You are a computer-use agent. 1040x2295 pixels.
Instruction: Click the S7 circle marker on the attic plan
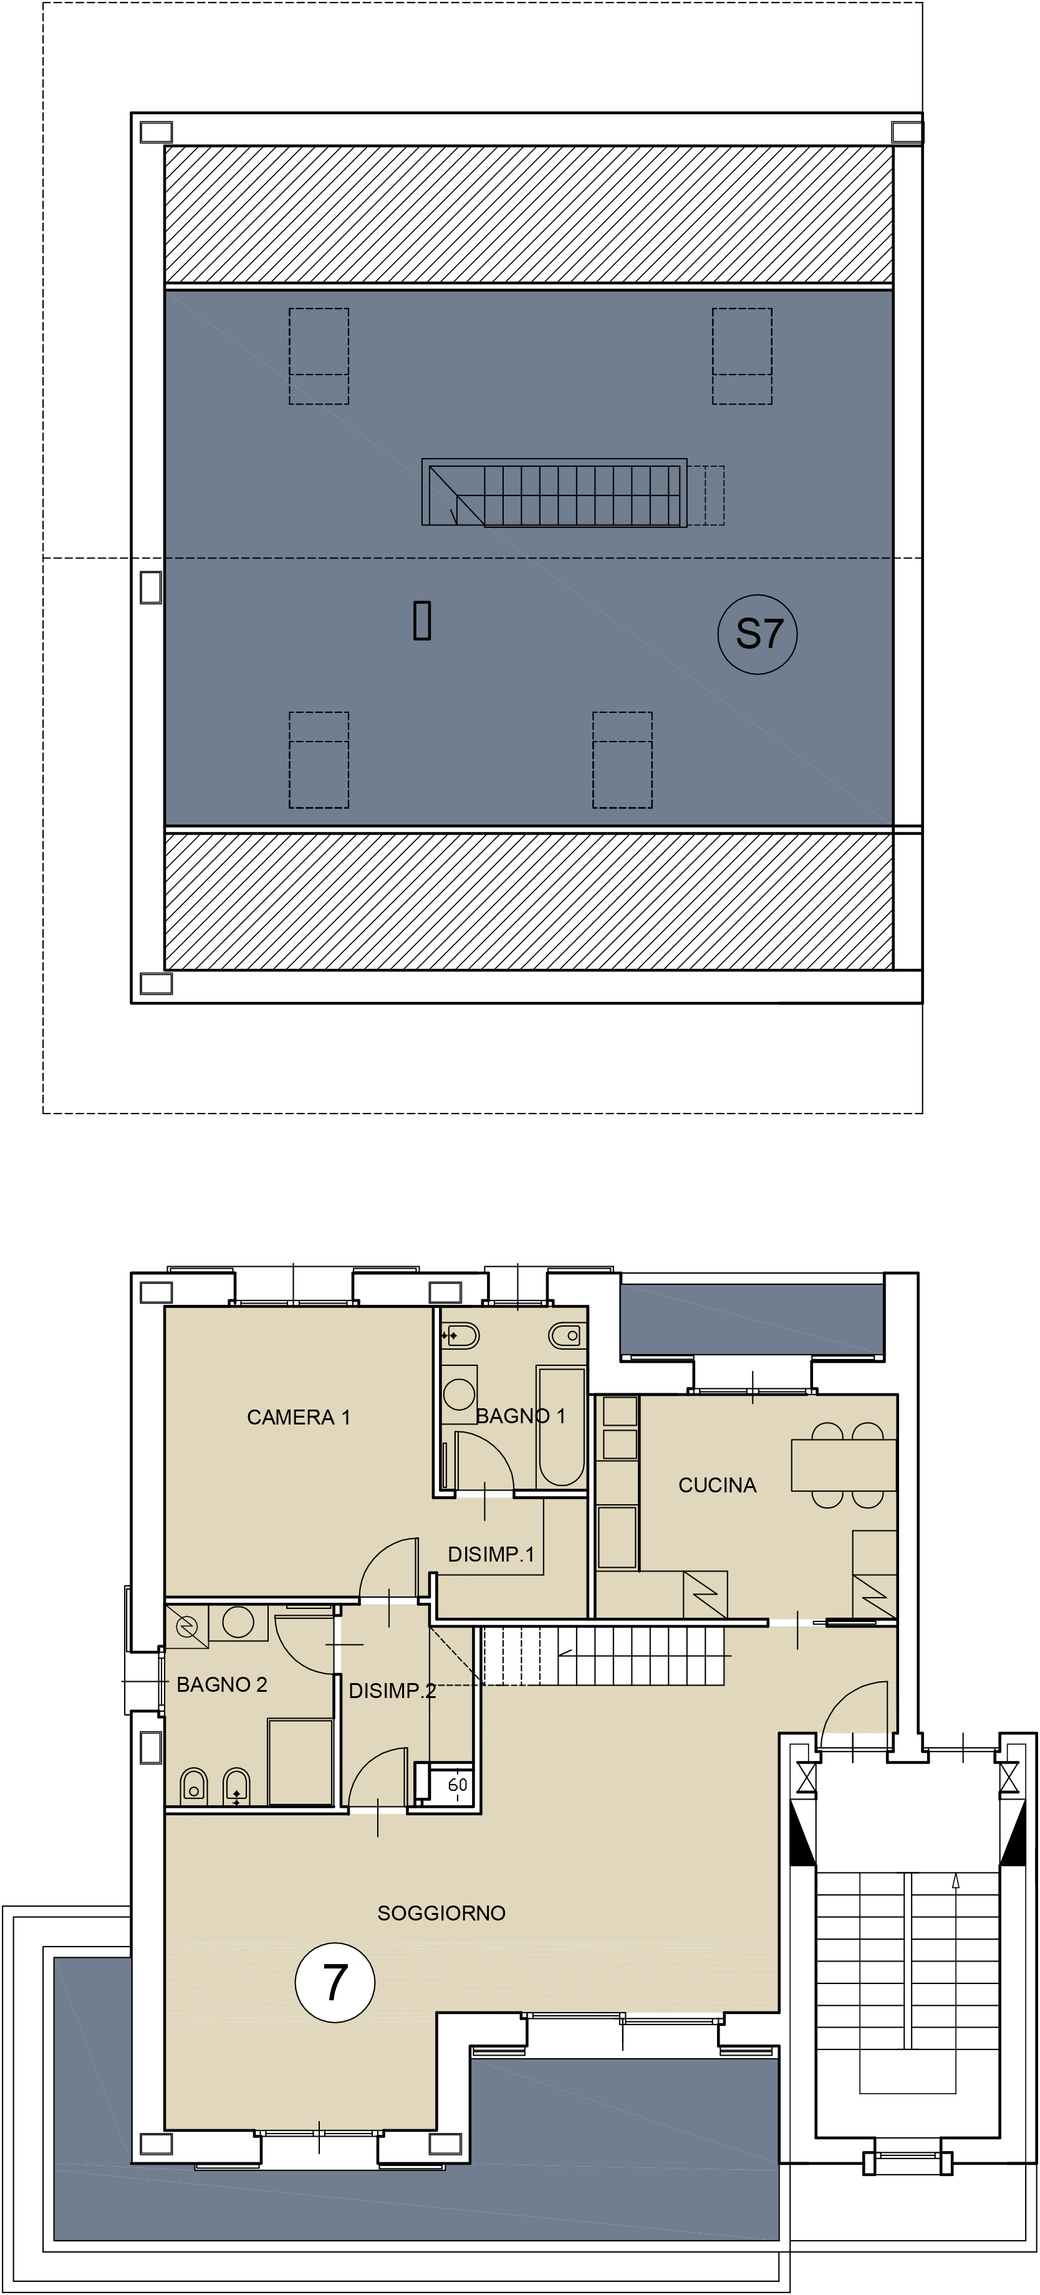click(x=758, y=634)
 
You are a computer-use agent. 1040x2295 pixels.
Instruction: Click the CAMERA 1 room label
click(x=299, y=1416)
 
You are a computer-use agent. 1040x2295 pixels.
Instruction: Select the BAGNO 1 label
click(x=521, y=1416)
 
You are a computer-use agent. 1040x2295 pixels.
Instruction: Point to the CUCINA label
click(x=718, y=1485)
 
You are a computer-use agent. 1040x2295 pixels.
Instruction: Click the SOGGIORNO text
click(x=441, y=1913)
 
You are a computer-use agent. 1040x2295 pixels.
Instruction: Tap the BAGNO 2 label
click(x=222, y=1685)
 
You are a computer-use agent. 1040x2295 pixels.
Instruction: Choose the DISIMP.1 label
click(x=491, y=1555)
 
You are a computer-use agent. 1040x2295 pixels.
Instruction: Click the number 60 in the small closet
click(x=457, y=1785)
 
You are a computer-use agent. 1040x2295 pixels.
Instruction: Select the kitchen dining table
click(x=844, y=1464)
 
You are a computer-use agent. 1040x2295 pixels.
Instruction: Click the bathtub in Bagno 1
click(x=561, y=1426)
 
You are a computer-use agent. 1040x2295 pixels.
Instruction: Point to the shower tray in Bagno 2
click(x=301, y=1762)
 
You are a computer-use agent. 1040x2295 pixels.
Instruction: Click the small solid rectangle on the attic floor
click(x=422, y=621)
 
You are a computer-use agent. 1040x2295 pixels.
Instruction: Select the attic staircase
click(x=554, y=493)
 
